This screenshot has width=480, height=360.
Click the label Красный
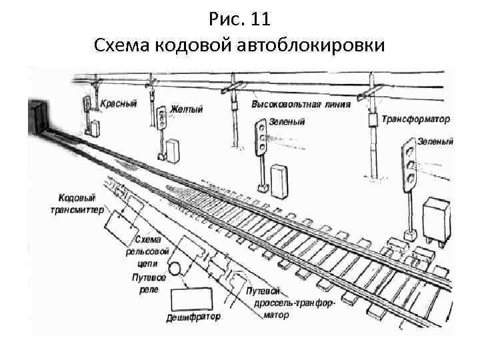click(x=119, y=104)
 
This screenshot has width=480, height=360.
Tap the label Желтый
click(x=187, y=109)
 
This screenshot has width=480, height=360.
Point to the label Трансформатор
click(x=416, y=119)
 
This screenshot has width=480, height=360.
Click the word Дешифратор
click(x=193, y=317)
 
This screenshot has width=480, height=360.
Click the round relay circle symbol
click(x=175, y=269)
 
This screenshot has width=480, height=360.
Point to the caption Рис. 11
click(x=239, y=19)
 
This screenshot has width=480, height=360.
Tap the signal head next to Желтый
click(x=162, y=117)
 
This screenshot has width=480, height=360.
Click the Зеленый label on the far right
click(x=435, y=142)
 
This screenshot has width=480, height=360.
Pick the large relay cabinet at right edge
click(x=439, y=217)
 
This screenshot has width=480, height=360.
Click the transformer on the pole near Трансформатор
click(x=371, y=119)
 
